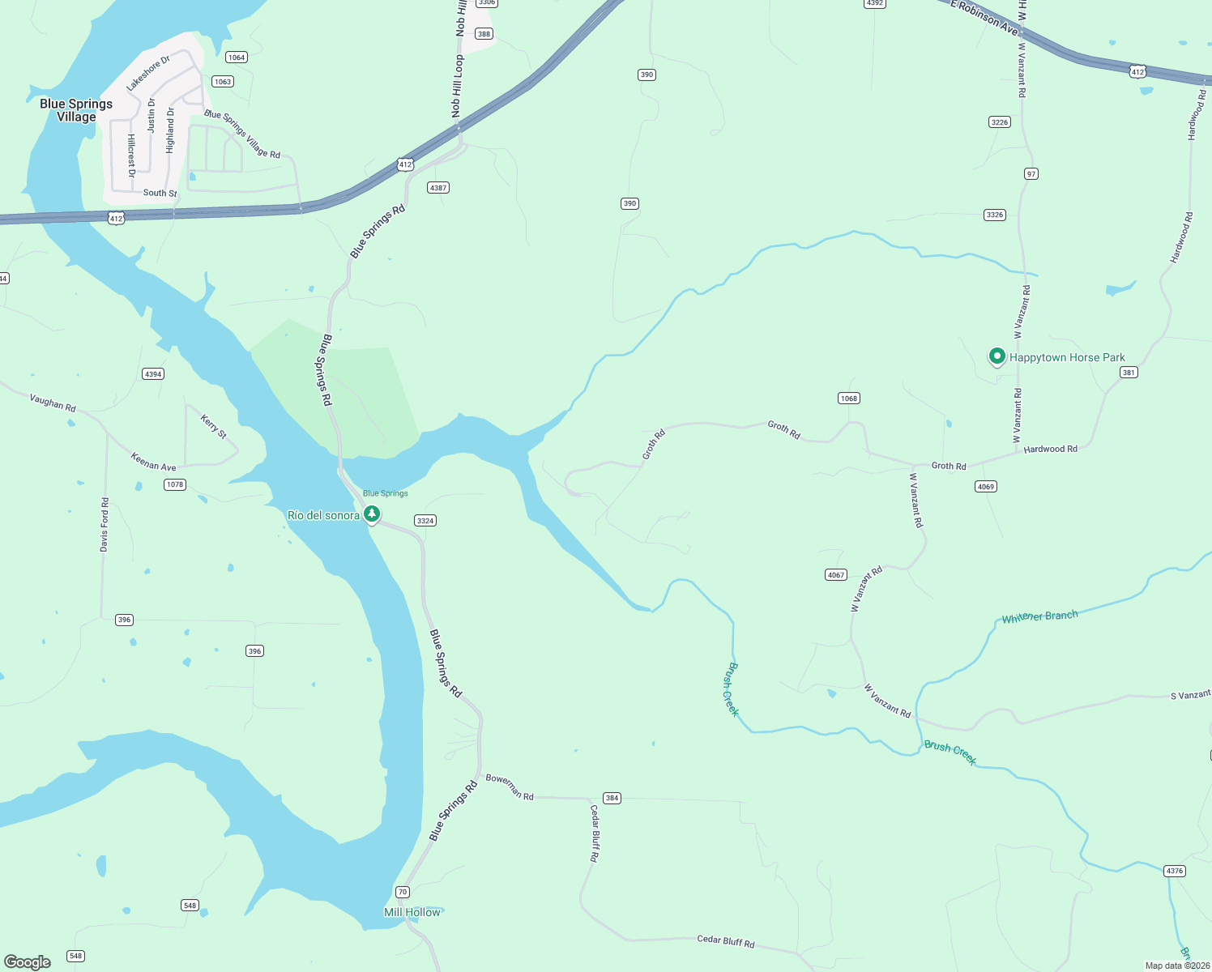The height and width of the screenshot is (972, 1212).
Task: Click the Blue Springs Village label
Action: pos(76,110)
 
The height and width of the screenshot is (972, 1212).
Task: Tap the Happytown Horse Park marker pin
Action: pos(997,356)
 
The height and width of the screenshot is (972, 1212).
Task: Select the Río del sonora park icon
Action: pos(372,514)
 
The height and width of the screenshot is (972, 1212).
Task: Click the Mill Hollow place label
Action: pos(412,912)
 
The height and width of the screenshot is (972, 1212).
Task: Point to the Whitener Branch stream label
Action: pos(1039,616)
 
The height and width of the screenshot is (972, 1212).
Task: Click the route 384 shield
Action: pos(612,798)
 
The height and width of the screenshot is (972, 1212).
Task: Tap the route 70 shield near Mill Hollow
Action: pos(403,892)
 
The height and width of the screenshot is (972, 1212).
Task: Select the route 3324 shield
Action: pos(425,520)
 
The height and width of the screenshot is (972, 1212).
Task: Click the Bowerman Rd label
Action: pos(510,787)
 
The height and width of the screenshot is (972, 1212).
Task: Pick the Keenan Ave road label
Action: pos(153,462)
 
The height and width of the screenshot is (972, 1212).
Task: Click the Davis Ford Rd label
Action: pos(105,525)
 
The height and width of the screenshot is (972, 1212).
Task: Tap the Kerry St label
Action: pos(214,427)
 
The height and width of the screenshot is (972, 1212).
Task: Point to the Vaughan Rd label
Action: pos(53,403)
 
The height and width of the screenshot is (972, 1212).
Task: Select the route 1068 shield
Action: pos(848,398)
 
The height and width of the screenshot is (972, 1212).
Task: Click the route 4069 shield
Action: pos(985,486)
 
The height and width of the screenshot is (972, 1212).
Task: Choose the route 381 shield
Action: pos(1129,373)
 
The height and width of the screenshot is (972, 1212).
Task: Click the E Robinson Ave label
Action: pos(984,17)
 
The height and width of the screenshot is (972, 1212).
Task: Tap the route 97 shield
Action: pos(1031,173)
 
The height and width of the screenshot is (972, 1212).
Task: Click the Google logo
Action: pos(28,962)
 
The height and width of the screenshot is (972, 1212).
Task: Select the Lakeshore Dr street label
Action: pos(148,73)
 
